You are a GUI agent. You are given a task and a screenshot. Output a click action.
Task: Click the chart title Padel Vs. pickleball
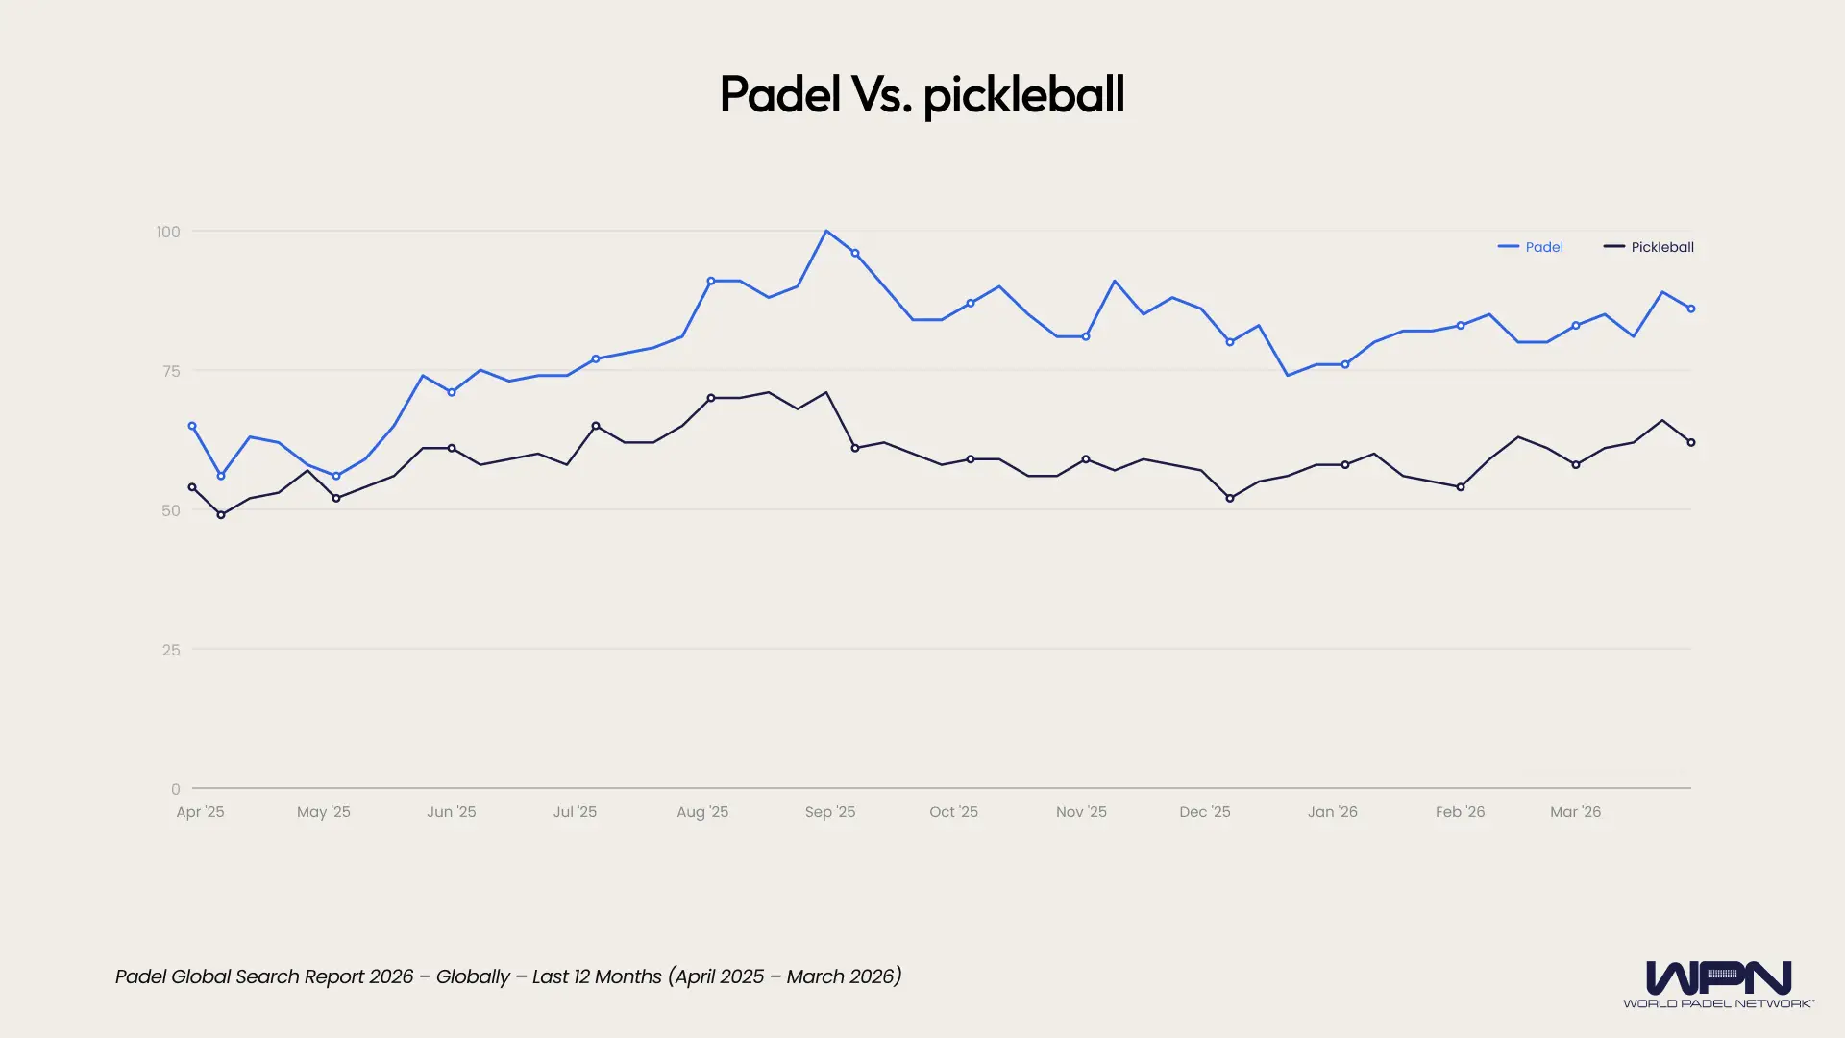[x=922, y=94]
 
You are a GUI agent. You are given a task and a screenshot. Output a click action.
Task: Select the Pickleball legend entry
[x=1649, y=247]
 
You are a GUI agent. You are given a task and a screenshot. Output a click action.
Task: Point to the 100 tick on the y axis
[x=168, y=232]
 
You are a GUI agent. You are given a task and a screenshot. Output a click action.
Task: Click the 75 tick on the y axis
[x=171, y=371]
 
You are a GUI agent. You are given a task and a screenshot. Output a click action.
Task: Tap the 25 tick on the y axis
[x=171, y=650]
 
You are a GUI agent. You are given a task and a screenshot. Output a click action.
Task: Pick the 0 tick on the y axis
[x=176, y=789]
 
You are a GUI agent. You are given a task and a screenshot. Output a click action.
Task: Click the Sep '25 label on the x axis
[x=829, y=812]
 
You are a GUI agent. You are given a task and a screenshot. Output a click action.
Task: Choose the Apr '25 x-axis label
[x=200, y=812]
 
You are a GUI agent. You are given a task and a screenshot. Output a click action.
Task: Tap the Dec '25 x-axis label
[x=1204, y=812]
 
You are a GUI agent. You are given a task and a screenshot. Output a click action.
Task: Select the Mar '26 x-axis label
[x=1575, y=812]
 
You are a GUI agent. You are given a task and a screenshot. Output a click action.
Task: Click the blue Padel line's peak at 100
[x=826, y=232]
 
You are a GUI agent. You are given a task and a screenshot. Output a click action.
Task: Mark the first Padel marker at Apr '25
[x=192, y=426]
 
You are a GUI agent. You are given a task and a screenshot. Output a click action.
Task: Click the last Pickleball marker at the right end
[x=1691, y=443]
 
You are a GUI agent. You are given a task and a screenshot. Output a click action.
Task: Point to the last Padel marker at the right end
[x=1691, y=309]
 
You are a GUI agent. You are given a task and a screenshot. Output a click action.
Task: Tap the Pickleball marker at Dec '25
[x=1230, y=498]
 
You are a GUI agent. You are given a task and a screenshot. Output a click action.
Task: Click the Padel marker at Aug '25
[x=711, y=281]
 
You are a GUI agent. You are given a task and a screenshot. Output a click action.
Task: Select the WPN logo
[x=1718, y=983]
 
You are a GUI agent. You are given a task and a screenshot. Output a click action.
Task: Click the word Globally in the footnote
[x=473, y=976]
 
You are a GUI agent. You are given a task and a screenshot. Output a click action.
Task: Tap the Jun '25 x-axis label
[x=451, y=812]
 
